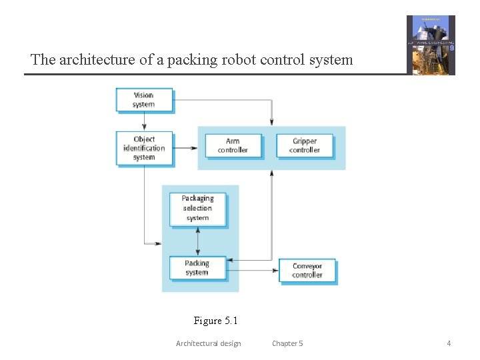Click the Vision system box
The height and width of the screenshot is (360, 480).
[x=143, y=100]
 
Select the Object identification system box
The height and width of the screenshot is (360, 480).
[x=143, y=148]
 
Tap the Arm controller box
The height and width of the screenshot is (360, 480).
[x=232, y=145]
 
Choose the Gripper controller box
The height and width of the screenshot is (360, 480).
[x=304, y=145]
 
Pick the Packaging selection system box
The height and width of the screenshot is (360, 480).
[x=197, y=208]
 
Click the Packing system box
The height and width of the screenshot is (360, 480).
[x=197, y=267]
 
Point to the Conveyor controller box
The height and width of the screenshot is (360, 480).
[x=307, y=270]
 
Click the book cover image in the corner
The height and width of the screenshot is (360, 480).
[x=431, y=45]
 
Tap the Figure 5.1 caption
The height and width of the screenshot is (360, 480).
[x=215, y=321]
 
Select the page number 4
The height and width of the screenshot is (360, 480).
[x=449, y=343]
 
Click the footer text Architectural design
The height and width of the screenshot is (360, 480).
[x=208, y=343]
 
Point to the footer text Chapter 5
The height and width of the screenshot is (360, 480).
[x=287, y=343]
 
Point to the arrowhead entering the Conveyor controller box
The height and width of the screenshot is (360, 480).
[x=275, y=270]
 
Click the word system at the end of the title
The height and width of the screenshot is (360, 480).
[x=331, y=60]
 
